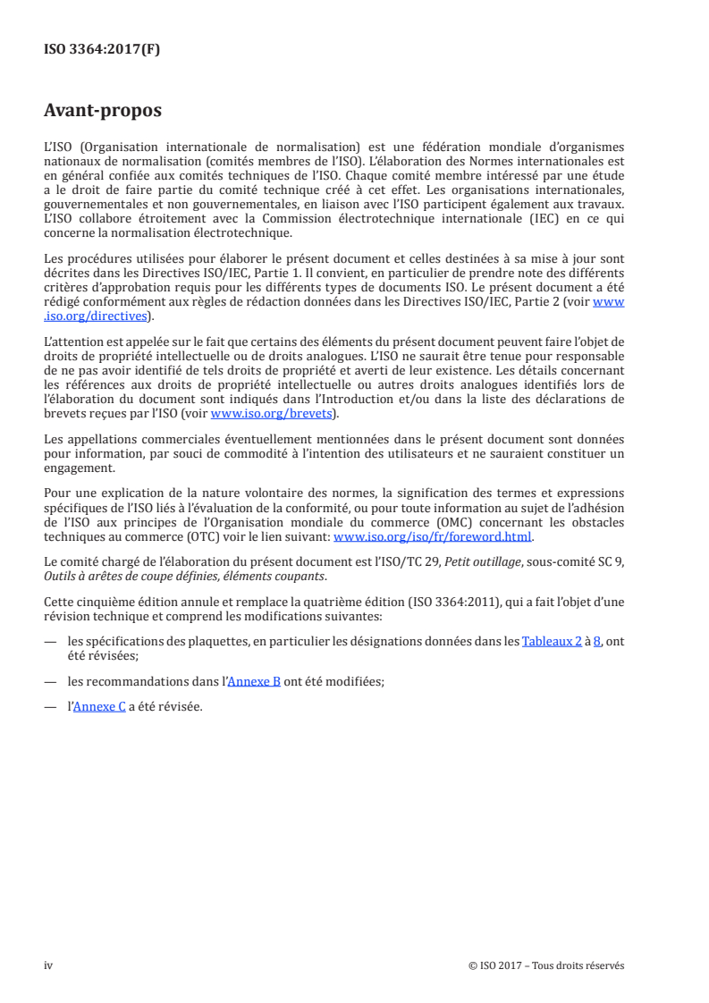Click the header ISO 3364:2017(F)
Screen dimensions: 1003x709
tap(102, 49)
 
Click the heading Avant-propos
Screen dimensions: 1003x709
tap(102, 111)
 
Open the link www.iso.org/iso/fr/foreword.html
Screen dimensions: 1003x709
tap(432, 536)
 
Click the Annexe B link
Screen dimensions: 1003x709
tap(254, 680)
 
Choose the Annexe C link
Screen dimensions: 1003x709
tap(98, 706)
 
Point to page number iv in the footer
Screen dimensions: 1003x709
tap(49, 965)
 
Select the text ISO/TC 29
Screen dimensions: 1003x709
tap(425, 561)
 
